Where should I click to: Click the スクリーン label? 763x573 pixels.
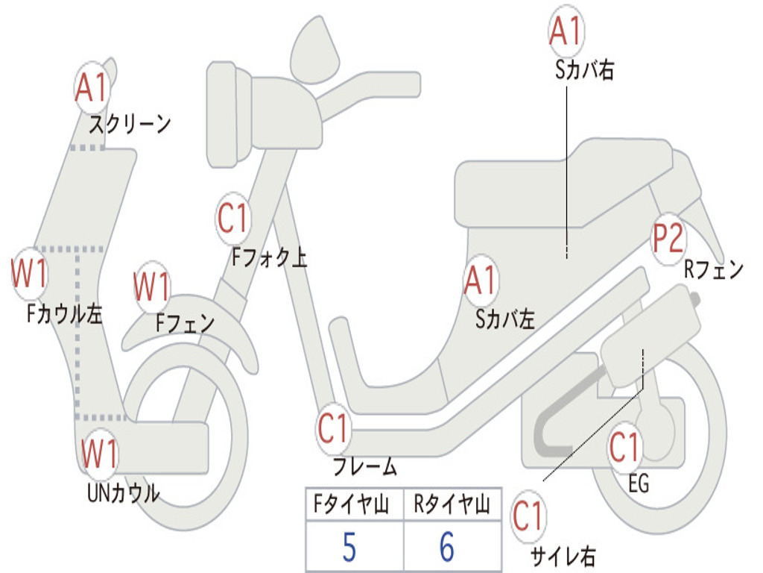coord(130,123)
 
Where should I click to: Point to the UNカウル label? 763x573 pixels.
coord(123,493)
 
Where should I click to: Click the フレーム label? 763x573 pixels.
coord(365,468)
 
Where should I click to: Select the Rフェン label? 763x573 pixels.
coord(714,270)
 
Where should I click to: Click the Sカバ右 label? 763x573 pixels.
coord(584,70)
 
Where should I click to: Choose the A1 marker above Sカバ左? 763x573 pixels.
coord(480,281)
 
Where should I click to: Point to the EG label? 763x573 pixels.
coord(639,484)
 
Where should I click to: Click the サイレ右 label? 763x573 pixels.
coord(563,555)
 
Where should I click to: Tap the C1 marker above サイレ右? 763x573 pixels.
coord(528,516)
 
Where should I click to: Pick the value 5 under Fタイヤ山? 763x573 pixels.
coord(349,548)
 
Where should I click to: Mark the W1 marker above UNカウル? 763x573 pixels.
coord(99,454)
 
